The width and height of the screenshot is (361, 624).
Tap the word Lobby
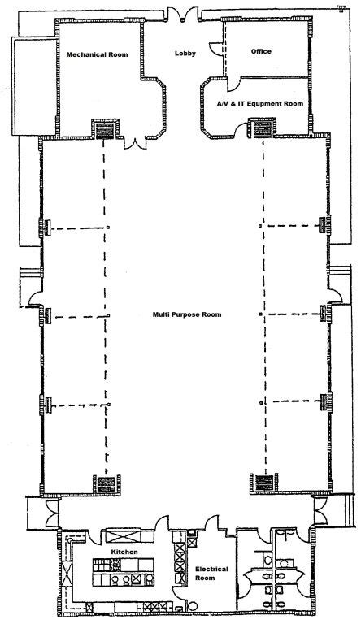click(x=184, y=54)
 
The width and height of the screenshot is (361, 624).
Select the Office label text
click(x=261, y=51)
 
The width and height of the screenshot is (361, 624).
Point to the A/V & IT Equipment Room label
click(x=260, y=104)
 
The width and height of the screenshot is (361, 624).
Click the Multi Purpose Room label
click(x=187, y=314)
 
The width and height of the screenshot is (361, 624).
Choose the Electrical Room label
click(x=211, y=574)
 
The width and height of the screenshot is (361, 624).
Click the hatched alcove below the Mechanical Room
click(x=103, y=128)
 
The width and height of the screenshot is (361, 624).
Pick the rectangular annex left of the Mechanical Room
click(x=23, y=84)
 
